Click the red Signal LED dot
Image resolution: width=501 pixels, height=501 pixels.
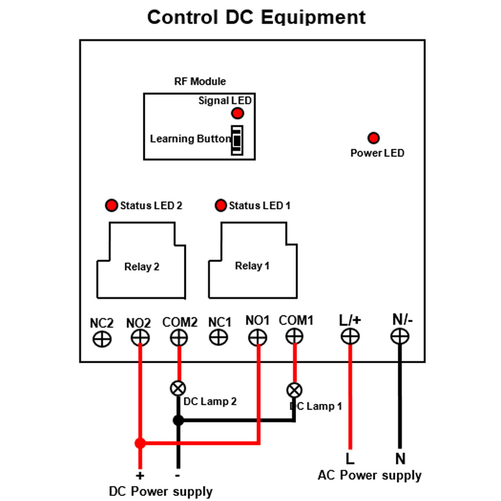[237, 113]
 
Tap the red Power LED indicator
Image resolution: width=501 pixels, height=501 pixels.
[373, 138]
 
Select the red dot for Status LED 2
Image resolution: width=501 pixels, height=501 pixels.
[112, 205]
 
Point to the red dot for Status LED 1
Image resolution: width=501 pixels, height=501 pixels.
[221, 205]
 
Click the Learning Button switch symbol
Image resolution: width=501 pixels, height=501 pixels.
[237, 140]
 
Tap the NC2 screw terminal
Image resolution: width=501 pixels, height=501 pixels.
[102, 339]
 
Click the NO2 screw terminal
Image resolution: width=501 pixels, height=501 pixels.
[140, 337]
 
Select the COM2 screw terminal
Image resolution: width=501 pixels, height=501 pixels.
[179, 337]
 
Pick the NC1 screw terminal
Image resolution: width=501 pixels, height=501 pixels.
[218, 337]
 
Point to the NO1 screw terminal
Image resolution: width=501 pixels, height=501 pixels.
[258, 337]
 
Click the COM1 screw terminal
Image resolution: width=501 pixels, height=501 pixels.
[294, 336]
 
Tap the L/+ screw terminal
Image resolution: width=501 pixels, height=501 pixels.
[350, 336]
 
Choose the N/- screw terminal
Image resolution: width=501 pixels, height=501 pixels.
[400, 336]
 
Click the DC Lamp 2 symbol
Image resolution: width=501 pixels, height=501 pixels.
[178, 389]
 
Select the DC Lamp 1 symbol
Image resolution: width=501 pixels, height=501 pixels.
[294, 390]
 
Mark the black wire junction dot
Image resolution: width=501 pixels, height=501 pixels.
[178, 420]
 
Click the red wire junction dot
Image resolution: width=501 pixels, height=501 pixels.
[140, 443]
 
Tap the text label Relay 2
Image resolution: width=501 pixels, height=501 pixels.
[142, 267]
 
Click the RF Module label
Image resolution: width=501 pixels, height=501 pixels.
[200, 82]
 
